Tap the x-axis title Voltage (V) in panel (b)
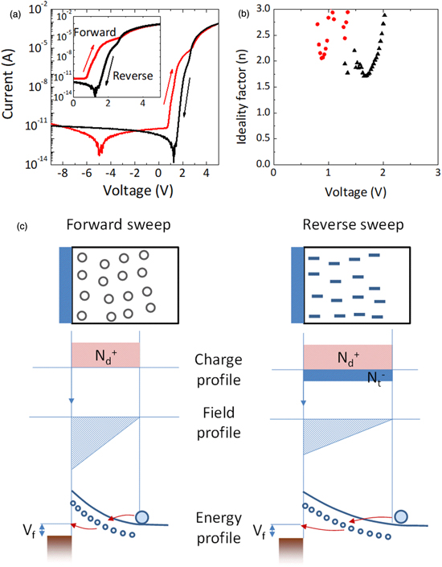click(354, 192)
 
